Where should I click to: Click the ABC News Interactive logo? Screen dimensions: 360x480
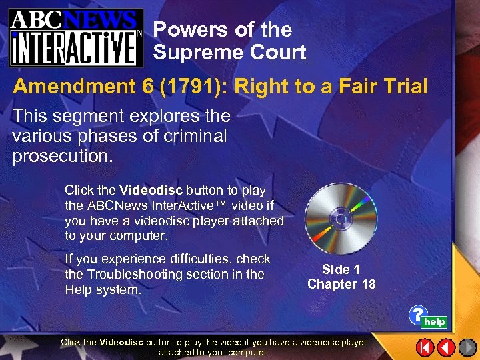[75, 37]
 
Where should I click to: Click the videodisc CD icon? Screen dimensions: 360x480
[340, 218]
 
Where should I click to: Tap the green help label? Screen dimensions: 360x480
[435, 322]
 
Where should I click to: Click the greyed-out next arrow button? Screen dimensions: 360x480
[466, 347]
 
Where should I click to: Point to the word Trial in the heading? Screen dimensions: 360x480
[401, 87]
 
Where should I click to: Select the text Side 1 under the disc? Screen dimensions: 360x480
[341, 270]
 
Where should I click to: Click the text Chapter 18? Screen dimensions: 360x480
[341, 285]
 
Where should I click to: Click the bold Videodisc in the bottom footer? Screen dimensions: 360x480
[120, 343]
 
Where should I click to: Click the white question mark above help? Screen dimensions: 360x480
[417, 314]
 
